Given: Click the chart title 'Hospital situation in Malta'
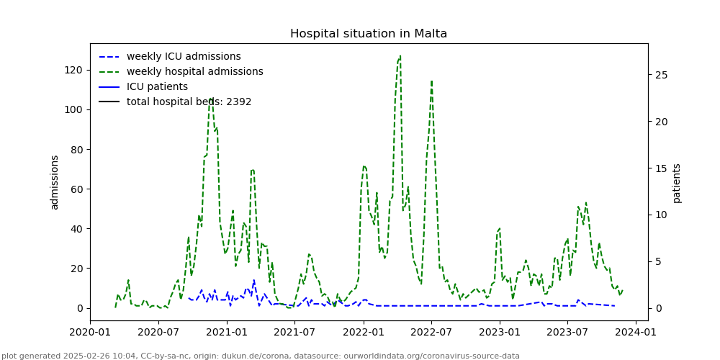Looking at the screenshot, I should click(369, 34).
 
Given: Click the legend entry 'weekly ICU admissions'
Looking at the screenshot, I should click(184, 57).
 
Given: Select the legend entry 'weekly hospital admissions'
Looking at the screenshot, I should click(194, 72).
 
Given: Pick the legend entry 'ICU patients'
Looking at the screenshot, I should click(157, 87).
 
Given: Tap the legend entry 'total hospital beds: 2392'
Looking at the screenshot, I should click(189, 102).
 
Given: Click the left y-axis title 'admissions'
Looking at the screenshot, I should click(55, 182).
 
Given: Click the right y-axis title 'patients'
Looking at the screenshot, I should click(677, 182).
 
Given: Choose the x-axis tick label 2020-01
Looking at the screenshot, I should click(90, 333).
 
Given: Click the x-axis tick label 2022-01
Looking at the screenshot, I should click(363, 333).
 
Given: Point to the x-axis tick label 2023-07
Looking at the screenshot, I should click(567, 333).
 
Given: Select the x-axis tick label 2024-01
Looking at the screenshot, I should click(636, 333).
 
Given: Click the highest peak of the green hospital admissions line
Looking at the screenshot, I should click(400, 56).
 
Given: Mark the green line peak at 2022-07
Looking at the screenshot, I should click(431, 81).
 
